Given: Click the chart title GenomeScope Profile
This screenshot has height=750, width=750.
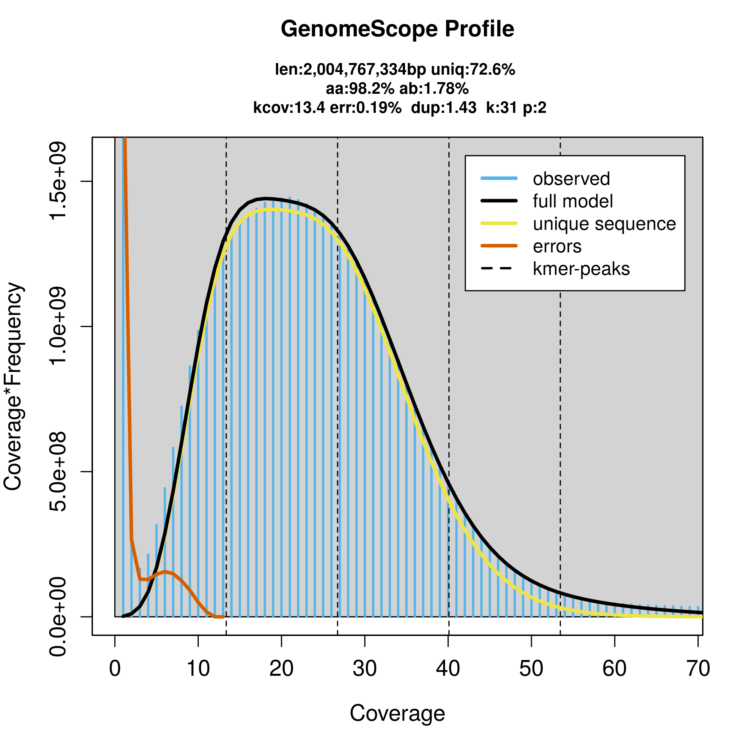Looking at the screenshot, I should (397, 29).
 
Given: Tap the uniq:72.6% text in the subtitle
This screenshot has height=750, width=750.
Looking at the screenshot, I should (473, 70).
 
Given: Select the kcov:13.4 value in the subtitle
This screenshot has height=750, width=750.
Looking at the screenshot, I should (289, 108).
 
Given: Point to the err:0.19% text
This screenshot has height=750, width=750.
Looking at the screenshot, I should (365, 108).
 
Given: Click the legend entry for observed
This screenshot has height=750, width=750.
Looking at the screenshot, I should (571, 179).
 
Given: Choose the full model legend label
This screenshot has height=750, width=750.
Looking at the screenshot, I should (573, 201).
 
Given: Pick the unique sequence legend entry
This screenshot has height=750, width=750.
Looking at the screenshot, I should (604, 224).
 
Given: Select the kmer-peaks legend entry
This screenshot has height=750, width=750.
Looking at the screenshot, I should (581, 269).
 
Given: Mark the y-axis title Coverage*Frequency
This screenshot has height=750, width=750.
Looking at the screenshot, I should (13, 387).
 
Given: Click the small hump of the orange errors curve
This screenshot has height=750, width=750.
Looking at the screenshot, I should (165, 571).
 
